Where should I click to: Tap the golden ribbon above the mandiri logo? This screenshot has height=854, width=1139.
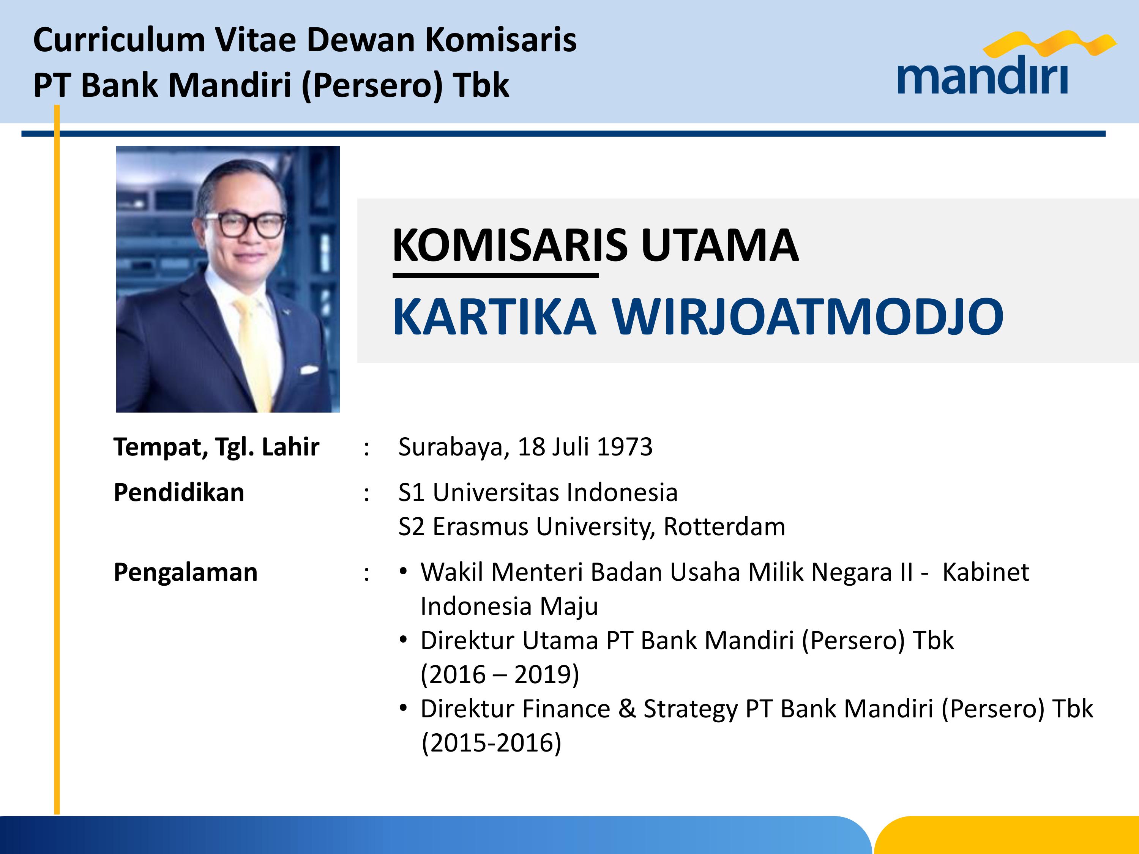click(x=1049, y=43)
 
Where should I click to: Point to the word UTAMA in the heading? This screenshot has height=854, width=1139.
click(x=720, y=245)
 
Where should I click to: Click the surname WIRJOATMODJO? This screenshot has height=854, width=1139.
click(x=808, y=317)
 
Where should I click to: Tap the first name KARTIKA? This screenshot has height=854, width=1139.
click(x=494, y=317)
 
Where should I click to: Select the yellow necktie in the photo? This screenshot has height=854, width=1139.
click(x=254, y=350)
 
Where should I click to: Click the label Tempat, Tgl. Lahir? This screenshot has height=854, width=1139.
click(x=216, y=447)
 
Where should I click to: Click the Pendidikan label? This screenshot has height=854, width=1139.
click(x=179, y=492)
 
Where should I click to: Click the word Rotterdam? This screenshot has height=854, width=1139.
click(x=724, y=526)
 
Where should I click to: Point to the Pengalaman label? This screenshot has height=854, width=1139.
click(x=185, y=572)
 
